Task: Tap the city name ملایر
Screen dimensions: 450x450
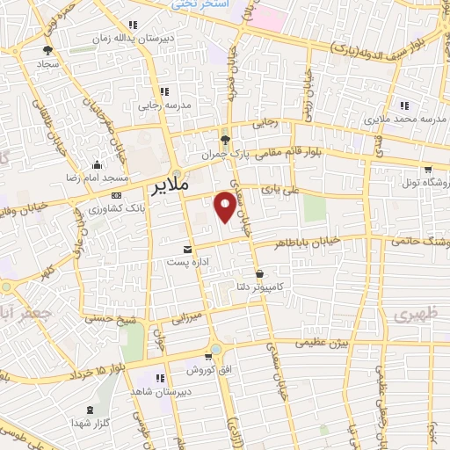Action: coord(171,188)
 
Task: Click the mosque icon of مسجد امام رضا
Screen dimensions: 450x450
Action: coord(97,164)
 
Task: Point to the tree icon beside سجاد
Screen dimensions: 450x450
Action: coord(47,50)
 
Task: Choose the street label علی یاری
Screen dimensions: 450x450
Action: coord(284,187)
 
